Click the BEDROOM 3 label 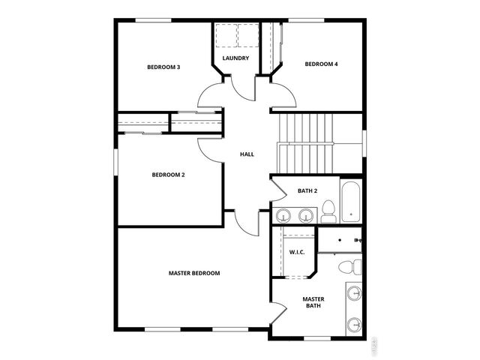(163, 67)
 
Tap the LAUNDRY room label (235, 58)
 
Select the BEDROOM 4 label (321, 64)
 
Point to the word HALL (247, 154)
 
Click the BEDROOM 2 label (168, 175)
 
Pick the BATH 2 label (307, 190)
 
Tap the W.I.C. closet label (296, 252)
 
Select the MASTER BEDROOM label (194, 273)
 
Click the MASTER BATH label (313, 302)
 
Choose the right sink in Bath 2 (304, 217)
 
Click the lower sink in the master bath (355, 324)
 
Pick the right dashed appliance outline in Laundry (247, 35)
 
